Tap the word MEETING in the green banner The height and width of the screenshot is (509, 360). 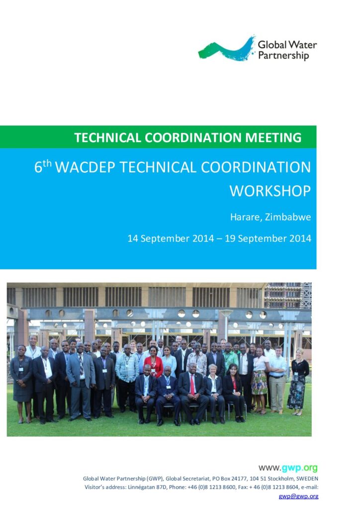(273, 138)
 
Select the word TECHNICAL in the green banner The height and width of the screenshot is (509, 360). (108, 138)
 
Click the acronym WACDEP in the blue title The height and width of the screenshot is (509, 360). (85, 167)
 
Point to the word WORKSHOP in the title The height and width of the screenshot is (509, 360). (270, 190)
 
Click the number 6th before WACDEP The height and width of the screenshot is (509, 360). (43, 167)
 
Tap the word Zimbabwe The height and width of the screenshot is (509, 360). (288, 217)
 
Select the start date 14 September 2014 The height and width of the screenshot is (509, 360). (171, 239)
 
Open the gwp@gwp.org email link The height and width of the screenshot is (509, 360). (298, 497)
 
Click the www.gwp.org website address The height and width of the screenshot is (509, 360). (288, 468)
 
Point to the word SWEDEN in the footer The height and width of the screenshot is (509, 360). (307, 479)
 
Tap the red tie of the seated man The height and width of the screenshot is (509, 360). (192, 384)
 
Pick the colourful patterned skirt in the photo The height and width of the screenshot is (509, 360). (260, 383)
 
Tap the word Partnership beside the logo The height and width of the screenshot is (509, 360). (283, 56)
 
